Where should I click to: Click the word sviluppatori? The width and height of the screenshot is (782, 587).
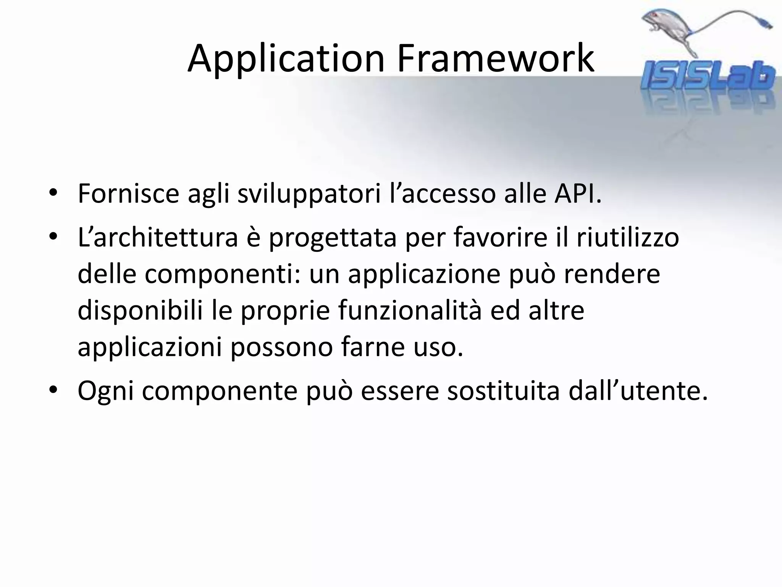[x=309, y=194]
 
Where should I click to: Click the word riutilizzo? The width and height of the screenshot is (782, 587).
[x=628, y=237]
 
